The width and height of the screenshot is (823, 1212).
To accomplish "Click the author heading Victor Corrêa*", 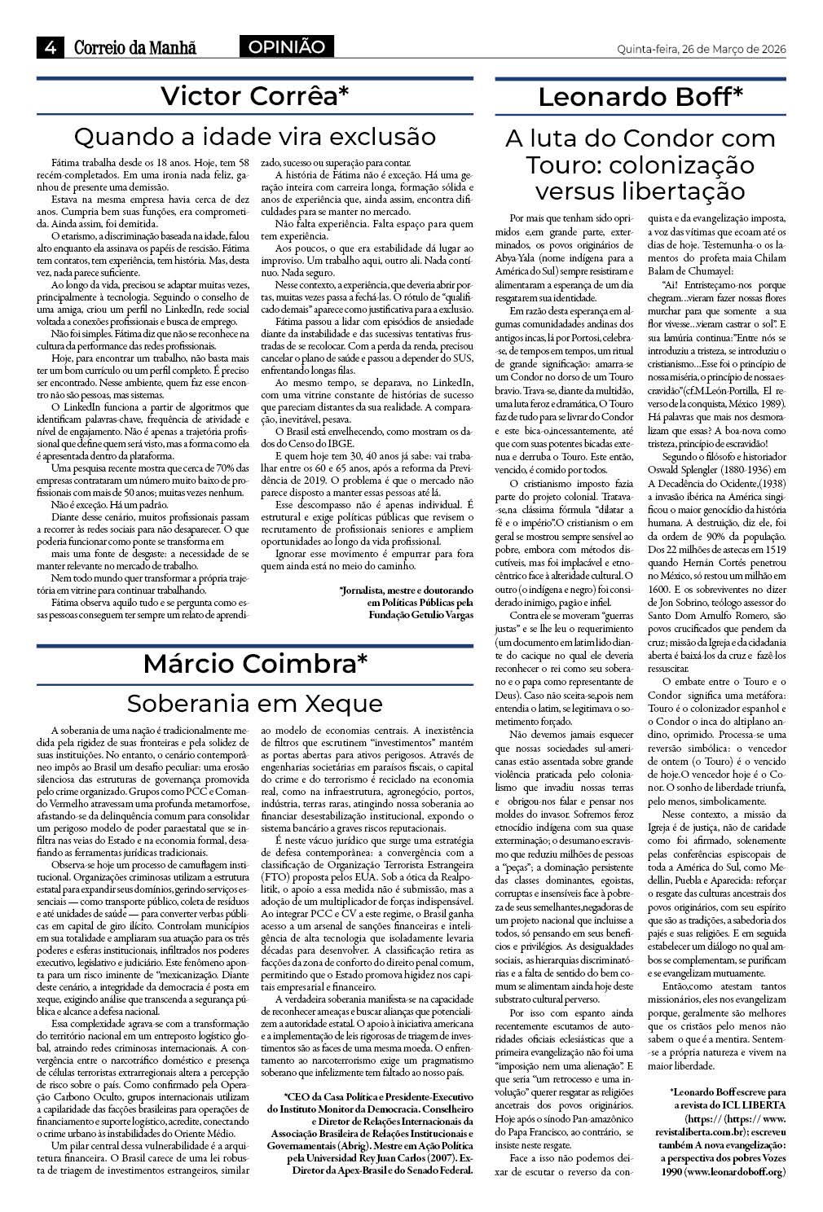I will tap(254, 96).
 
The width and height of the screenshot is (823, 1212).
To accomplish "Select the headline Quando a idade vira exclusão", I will tap(254, 135).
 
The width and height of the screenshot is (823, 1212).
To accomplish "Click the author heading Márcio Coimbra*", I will tap(254, 664).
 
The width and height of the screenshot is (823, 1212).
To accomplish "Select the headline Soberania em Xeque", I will tap(254, 702).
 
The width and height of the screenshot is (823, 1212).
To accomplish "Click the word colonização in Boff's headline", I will tap(680, 165).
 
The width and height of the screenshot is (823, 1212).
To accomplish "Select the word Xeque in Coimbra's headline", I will tap(344, 702).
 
